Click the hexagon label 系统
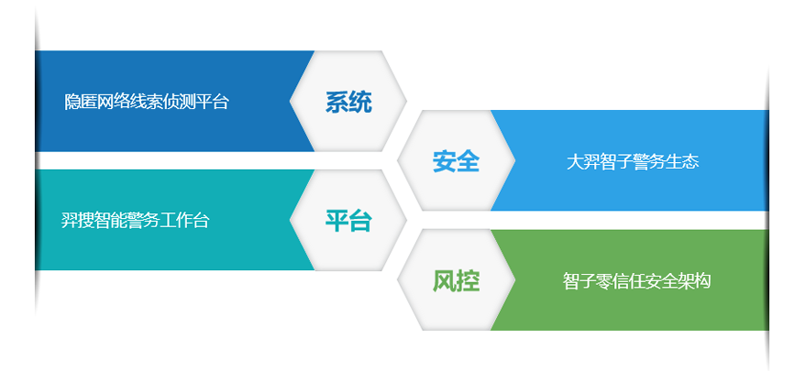coord(348,102)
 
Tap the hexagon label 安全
coord(456,161)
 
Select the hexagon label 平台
coord(348,221)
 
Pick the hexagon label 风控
coord(456,280)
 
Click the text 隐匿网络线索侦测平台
coord(147,102)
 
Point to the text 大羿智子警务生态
coord(633,162)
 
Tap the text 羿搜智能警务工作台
coord(135,221)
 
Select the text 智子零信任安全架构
coord(636,281)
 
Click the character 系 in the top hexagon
coord(337,102)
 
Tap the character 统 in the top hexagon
coord(360,102)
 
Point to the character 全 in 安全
coord(468,161)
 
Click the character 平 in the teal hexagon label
coord(337,221)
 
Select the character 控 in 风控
coord(468,280)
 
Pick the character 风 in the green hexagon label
coord(444,280)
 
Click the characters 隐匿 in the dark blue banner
coord(81,102)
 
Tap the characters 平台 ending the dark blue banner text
coord(213,102)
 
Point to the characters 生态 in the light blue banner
coord(682,162)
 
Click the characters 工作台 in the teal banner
coord(184,221)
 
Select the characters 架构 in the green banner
coord(694,281)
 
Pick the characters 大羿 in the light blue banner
coord(583,162)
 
